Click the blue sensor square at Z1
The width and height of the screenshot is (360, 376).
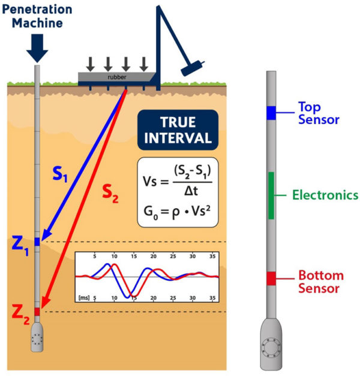tap(37, 242)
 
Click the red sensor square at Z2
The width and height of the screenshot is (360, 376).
tap(37, 311)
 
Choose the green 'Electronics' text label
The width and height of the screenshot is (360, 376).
tap(325, 195)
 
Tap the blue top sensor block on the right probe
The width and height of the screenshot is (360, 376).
tap(271, 112)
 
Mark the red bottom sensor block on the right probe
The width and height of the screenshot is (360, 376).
tap(271, 278)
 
